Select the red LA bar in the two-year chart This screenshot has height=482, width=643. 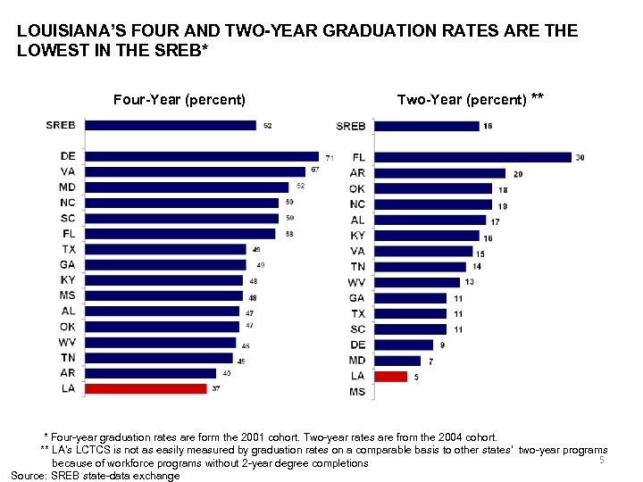point(390,377)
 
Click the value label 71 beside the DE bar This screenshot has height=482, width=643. point(329,157)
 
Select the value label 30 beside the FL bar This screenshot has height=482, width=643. point(580,157)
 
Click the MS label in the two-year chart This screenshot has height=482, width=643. point(357,392)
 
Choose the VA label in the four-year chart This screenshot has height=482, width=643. point(68,171)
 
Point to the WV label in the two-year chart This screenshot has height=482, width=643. point(356,282)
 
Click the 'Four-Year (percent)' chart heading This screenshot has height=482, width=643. point(180,99)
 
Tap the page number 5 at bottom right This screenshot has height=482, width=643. point(602,461)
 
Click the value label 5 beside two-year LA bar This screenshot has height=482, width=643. point(416,377)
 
